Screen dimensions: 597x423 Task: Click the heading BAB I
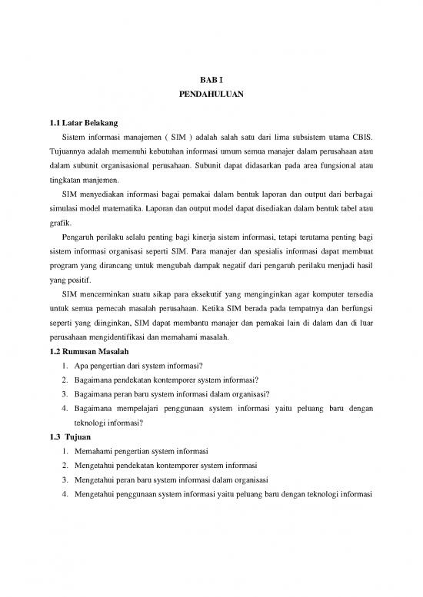click(x=211, y=78)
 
